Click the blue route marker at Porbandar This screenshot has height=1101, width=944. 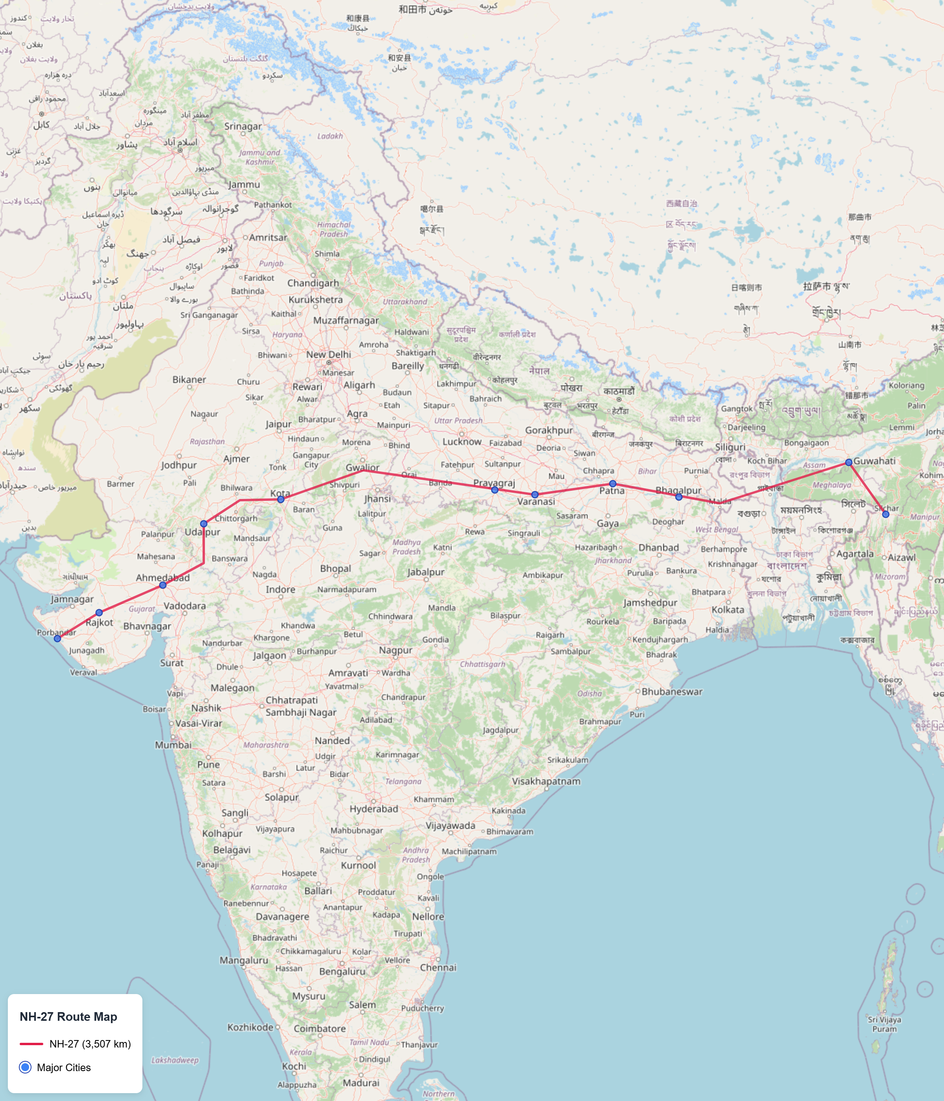(x=57, y=638)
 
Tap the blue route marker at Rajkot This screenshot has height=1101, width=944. (x=100, y=613)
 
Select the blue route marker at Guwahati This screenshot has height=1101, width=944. (x=849, y=462)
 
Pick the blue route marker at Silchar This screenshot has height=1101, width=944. (x=885, y=514)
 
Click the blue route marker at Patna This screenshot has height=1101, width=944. (x=613, y=484)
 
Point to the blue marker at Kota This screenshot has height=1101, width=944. (x=281, y=499)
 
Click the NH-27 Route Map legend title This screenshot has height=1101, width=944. (x=68, y=1016)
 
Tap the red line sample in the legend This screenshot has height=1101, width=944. (x=31, y=1044)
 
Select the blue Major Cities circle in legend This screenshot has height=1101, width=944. (x=25, y=1068)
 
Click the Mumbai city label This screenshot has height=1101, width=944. (x=173, y=745)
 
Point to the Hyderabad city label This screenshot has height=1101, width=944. (x=374, y=809)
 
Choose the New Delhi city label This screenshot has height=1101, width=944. (x=328, y=354)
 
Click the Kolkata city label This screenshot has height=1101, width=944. (x=728, y=609)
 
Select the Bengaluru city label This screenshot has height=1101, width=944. (x=342, y=971)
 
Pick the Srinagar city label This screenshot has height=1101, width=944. (x=243, y=127)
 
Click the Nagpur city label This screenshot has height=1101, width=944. (x=395, y=650)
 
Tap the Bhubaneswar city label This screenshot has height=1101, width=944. (x=672, y=691)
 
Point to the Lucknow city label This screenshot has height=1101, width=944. (x=462, y=442)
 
